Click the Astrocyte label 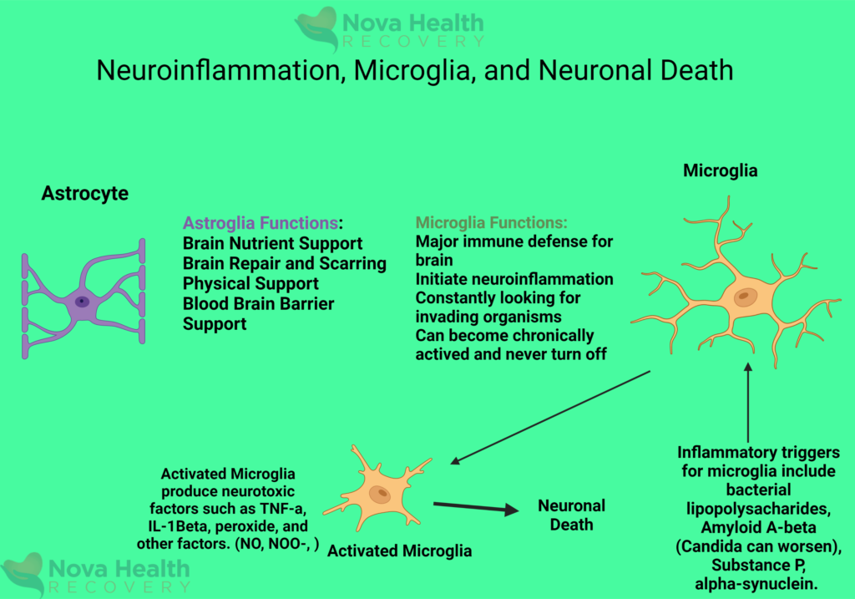(x=84, y=194)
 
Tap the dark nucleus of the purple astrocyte (x=82, y=301)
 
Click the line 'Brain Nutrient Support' (x=272, y=244)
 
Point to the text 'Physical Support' (x=250, y=284)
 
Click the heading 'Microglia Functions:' (x=491, y=223)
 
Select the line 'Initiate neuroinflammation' (x=514, y=278)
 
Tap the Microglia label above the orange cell (x=720, y=171)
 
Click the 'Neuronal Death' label (x=571, y=515)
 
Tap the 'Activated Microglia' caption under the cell (x=399, y=551)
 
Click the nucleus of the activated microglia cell (x=379, y=494)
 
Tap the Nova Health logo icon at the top (x=316, y=29)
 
